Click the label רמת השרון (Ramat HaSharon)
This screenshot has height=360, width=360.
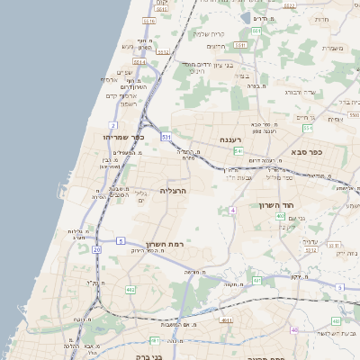point(163,244)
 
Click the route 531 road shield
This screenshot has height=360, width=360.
point(166,136)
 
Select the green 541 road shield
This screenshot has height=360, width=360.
point(238,151)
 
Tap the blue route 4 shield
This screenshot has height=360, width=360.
point(232,210)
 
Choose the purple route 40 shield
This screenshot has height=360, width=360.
point(293,329)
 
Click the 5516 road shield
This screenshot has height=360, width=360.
point(149,20)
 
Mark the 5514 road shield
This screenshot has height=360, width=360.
point(163,52)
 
